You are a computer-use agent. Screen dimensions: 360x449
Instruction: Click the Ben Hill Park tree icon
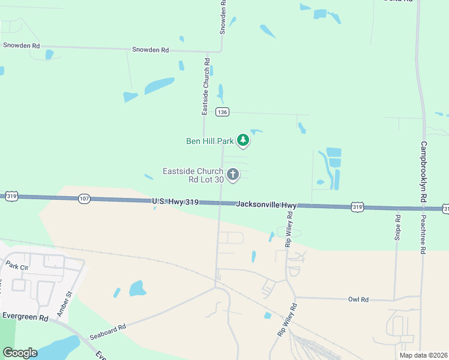243,141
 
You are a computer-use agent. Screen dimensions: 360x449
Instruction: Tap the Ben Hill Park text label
209,142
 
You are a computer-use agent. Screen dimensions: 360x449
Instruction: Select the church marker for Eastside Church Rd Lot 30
233,175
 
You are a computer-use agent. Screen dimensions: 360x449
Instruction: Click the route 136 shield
222,112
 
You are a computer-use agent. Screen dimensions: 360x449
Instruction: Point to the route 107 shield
84,199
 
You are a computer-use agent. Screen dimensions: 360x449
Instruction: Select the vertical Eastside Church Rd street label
205,86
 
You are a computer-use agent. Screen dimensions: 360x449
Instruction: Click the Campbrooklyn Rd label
423,171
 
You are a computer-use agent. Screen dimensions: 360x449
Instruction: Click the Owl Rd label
358,299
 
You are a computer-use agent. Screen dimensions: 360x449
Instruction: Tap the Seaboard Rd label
108,331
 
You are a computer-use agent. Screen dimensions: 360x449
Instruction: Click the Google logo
20,353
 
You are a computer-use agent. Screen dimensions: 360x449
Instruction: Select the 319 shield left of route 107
11,196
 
